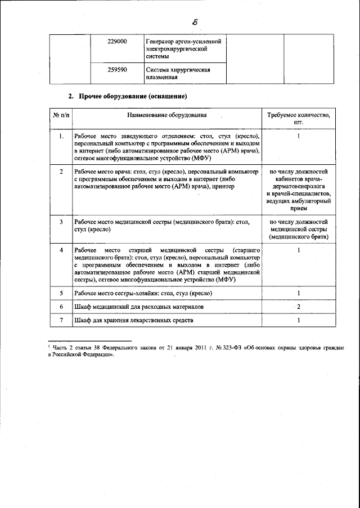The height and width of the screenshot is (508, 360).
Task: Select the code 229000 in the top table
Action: (116, 42)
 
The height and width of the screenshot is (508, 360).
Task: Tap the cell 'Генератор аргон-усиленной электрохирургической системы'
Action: (183, 50)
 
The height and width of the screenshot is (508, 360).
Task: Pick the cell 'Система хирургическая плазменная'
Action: (178, 73)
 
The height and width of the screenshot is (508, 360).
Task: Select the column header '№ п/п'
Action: (61, 115)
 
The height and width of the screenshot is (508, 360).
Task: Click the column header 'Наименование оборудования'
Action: (166, 115)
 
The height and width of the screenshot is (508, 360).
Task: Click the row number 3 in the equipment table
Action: (61, 222)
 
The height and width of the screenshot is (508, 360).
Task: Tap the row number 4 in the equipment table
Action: (61, 249)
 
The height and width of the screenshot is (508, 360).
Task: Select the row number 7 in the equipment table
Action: (61, 320)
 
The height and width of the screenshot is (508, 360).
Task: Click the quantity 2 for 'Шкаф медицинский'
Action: (299, 307)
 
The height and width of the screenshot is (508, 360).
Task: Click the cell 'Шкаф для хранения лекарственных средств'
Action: (133, 320)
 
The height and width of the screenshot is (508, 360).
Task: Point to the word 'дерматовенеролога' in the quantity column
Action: (299, 185)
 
